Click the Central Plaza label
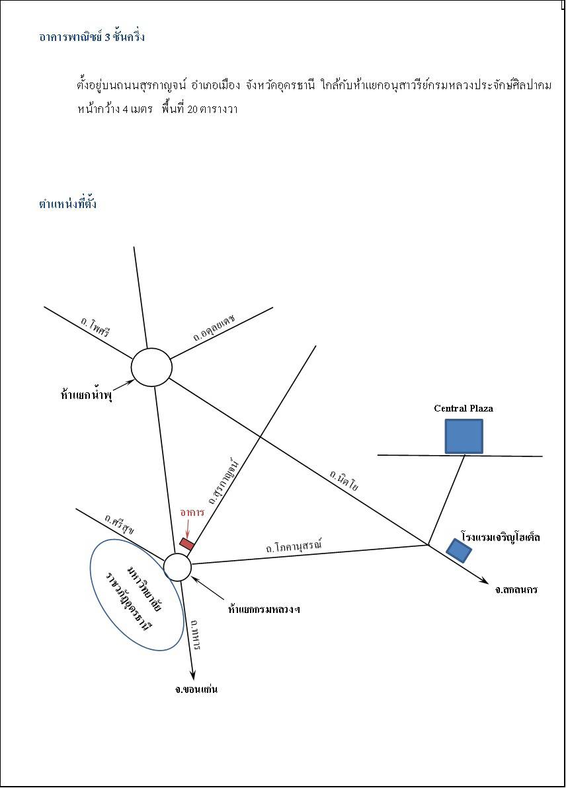coord(464,408)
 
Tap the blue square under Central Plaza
coord(464,436)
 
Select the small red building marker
coord(187,544)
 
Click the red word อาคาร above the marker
coord(192,512)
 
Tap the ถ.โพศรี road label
coord(95,327)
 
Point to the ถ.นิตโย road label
coord(344,480)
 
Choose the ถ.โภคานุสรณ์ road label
coord(294,546)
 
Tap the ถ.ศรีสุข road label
coord(119,523)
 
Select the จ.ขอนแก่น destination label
coord(196,689)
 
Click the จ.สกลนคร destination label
coord(516,589)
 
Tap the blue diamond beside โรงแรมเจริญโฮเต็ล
coord(460,550)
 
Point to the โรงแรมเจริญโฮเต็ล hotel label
coord(501,537)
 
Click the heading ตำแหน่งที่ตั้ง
coord(67,203)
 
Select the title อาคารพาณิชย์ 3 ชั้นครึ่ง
coord(92,37)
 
